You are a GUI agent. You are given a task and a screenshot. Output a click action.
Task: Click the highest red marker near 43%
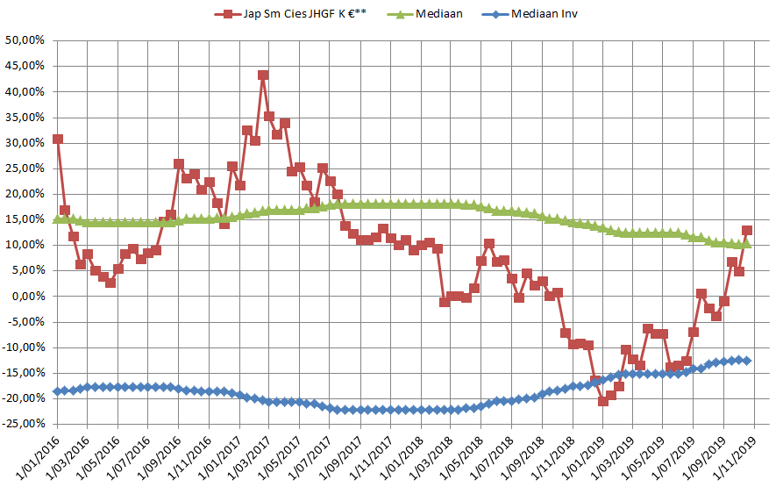263,75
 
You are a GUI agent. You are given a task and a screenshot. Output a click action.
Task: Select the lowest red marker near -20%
603,401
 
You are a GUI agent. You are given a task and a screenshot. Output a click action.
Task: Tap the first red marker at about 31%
58,139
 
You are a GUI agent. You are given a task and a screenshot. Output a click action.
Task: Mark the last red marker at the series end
747,231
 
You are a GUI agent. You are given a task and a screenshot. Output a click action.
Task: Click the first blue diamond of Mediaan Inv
58,391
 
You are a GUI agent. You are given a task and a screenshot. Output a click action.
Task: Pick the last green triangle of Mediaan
747,244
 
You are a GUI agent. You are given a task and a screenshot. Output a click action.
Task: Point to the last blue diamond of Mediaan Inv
747,360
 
